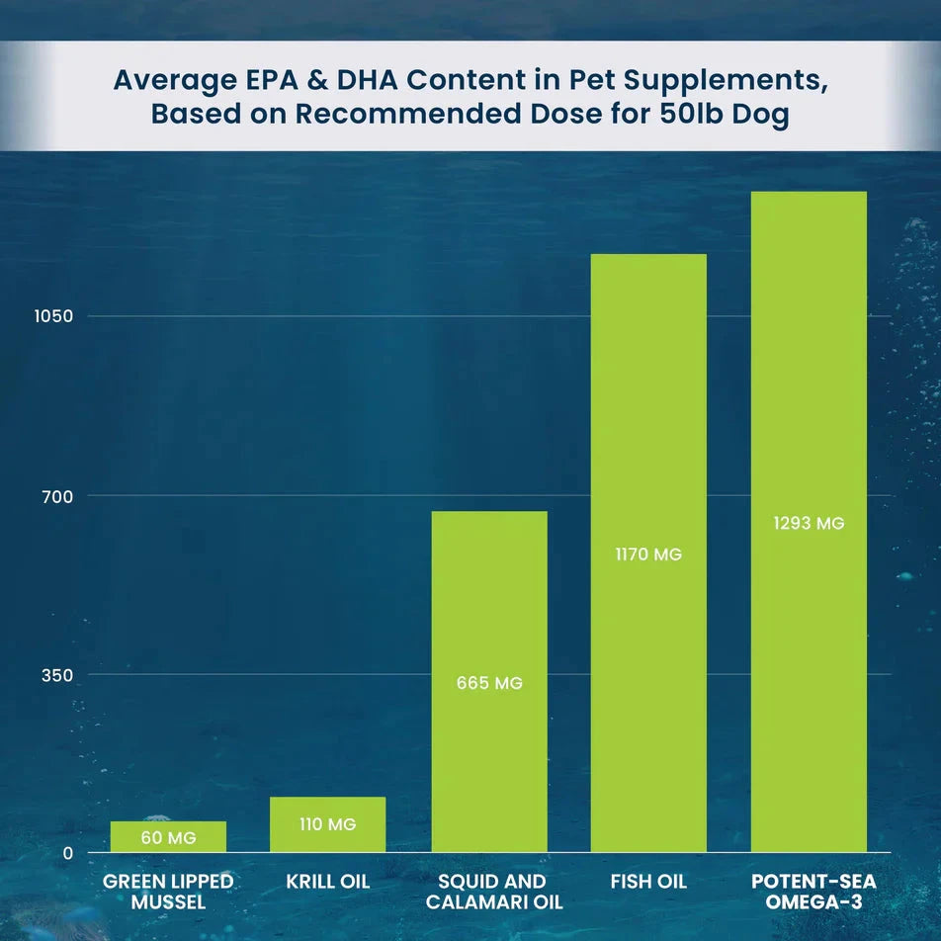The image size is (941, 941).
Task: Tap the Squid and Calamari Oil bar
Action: click(489, 613)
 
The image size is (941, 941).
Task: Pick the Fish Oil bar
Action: click(648, 445)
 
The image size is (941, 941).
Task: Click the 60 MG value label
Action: click(168, 838)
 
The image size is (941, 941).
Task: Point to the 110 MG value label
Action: click(327, 824)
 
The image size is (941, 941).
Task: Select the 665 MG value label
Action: click(489, 683)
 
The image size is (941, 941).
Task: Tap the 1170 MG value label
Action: click(648, 555)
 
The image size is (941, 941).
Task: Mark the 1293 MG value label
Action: click(809, 524)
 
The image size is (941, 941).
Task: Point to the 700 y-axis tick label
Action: click(57, 495)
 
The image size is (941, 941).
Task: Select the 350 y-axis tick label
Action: click(57, 675)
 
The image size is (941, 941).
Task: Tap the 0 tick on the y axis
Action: click(67, 854)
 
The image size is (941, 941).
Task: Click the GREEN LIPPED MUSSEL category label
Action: click(168, 891)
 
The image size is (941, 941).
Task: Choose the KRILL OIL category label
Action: click(327, 881)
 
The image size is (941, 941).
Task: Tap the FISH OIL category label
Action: click(648, 881)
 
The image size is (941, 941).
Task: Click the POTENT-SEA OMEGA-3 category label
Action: click(808, 891)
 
